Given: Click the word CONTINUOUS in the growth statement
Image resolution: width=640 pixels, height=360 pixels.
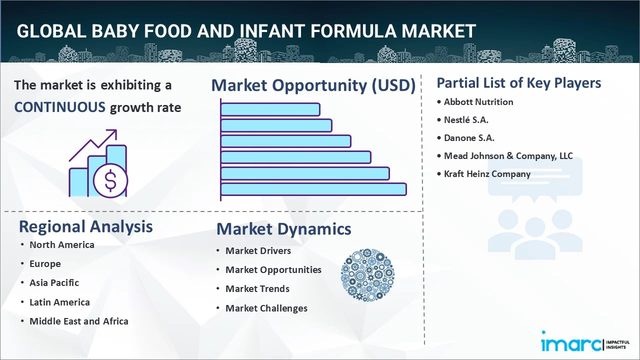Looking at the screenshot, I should pos(59,107).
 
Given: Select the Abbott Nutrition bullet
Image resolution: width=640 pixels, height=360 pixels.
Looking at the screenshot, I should pos(478,102).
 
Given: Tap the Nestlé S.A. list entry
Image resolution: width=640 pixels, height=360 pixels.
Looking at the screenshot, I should pos(466,120).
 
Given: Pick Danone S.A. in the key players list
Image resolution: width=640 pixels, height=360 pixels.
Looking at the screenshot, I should pos(469,138).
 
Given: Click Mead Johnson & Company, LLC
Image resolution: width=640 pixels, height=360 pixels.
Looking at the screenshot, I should pos(508,156).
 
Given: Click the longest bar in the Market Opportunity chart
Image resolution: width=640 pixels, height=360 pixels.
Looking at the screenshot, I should pos(313,189).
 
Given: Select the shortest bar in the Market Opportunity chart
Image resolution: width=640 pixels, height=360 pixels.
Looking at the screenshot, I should pos(270,109).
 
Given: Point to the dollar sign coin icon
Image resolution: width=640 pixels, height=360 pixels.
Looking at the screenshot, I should pos(110,180).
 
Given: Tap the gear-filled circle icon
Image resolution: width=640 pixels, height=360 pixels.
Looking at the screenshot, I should pos(367,275).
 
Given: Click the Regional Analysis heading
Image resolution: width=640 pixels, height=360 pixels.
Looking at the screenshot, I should pos(85,226).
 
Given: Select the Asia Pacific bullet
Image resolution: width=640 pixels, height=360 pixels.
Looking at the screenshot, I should pos(54,283).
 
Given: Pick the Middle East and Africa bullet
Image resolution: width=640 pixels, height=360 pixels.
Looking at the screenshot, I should pos(78,321).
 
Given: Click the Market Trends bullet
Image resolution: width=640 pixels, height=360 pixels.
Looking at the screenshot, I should pos(257,289).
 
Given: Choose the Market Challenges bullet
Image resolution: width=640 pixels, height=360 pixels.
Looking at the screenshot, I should pos(266,308).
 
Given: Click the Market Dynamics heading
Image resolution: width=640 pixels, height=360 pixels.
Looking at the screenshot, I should pos(283,229).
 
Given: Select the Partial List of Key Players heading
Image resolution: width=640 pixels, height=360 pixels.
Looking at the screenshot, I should pos(518,83).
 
